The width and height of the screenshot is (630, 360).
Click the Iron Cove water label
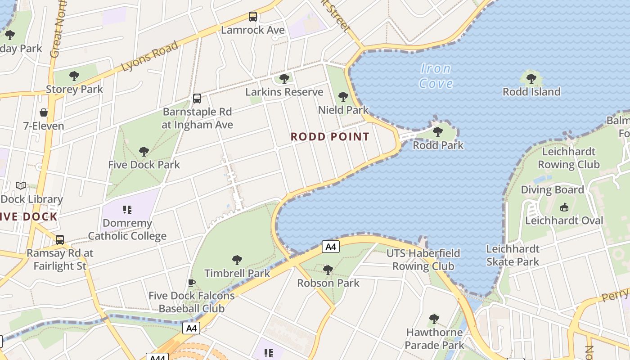tap(435, 76)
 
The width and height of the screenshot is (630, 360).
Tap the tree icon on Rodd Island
tap(531, 79)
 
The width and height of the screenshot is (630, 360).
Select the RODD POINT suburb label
tap(330, 137)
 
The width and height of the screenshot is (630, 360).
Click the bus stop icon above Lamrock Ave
tap(253, 17)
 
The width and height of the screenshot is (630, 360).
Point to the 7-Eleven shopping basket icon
tap(44, 112)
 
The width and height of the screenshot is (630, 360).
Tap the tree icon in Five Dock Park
tap(144, 151)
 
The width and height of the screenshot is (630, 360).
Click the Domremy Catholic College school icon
tap(127, 209)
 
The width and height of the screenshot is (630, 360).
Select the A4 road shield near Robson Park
tap(330, 247)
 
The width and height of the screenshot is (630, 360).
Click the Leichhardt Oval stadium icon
tap(564, 207)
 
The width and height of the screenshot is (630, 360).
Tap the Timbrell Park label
tap(237, 273)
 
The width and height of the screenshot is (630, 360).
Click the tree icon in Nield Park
tap(343, 96)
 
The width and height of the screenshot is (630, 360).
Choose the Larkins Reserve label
tap(284, 92)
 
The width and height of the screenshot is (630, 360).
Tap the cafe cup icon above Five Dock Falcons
tap(192, 283)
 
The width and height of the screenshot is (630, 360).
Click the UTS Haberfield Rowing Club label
tap(423, 260)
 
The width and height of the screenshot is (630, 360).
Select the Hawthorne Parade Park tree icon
tap(434, 319)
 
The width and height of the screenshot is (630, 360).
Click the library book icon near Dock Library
tap(21, 185)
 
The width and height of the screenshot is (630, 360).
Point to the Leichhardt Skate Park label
tap(513, 255)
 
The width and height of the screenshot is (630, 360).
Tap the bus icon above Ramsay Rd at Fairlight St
tap(60, 240)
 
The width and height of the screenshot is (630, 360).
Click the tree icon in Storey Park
tap(74, 76)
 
